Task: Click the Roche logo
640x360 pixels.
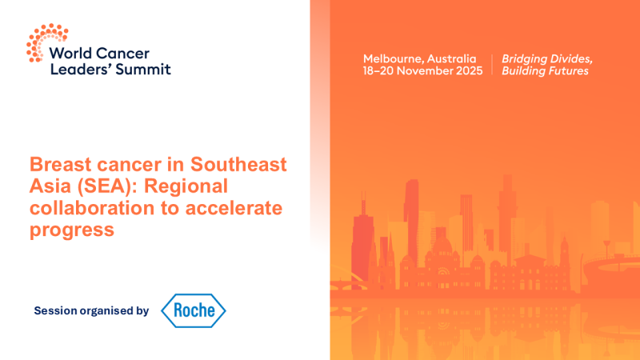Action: pyautogui.click(x=194, y=310)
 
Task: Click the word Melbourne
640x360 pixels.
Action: pyautogui.click(x=393, y=59)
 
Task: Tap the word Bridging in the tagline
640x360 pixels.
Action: pyautogui.click(x=524, y=59)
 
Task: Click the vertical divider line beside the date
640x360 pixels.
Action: pyautogui.click(x=492, y=65)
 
